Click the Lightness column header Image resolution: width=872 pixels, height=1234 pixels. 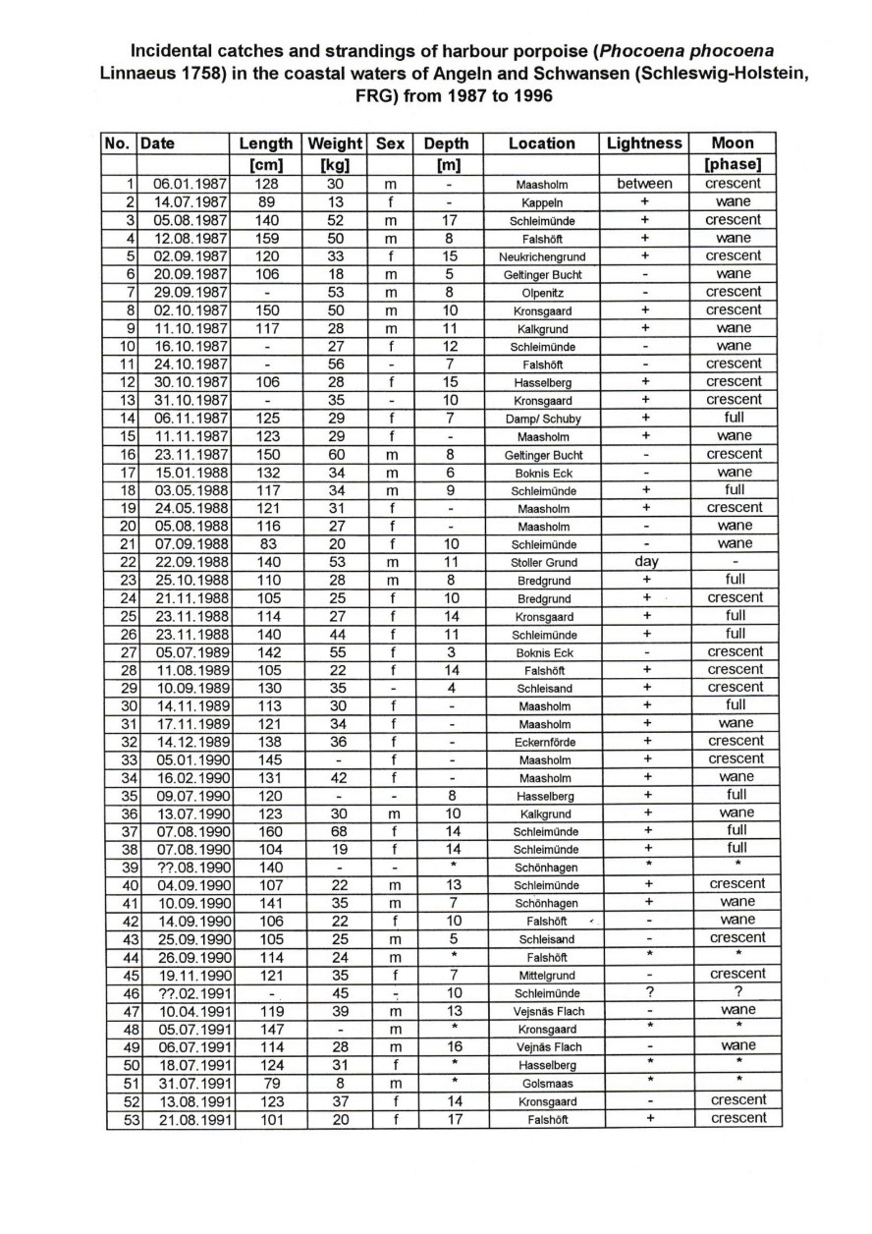coord(644,143)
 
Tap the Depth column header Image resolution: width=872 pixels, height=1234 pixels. coord(448,143)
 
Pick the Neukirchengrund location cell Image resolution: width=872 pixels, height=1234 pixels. coord(542,256)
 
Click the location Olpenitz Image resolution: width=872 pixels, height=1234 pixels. coord(542,293)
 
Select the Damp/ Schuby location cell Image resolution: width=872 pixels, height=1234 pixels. coord(542,419)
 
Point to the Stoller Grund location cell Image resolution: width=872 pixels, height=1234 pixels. coord(542,563)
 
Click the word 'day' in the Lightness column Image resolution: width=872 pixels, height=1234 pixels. coord(644,562)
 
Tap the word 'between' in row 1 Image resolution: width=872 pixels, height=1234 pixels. coord(644,184)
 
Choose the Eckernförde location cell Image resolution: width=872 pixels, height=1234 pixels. coord(542,742)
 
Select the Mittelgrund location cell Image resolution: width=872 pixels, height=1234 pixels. coord(542,976)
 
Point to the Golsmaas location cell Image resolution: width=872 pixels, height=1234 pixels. coord(542,1084)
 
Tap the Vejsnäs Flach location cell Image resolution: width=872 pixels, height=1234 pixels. coord(542,1011)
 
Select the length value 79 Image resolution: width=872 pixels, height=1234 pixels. coord(266,1083)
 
